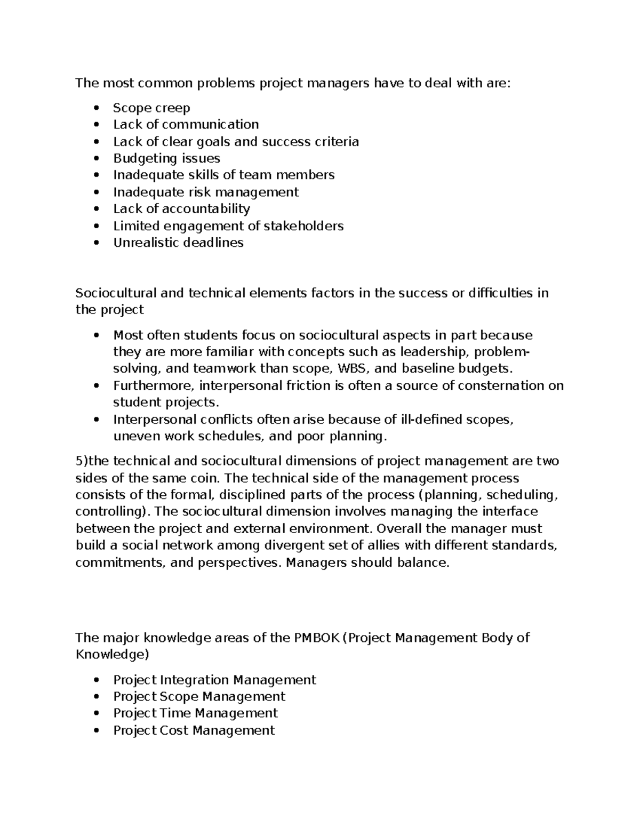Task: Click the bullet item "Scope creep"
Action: point(151,108)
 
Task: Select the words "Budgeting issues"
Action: point(166,158)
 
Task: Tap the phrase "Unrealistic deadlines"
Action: point(178,243)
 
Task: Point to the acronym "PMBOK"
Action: point(316,638)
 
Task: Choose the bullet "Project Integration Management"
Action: point(214,680)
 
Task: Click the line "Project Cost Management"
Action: point(194,730)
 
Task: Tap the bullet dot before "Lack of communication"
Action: point(96,125)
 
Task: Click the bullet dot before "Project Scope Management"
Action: point(96,697)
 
